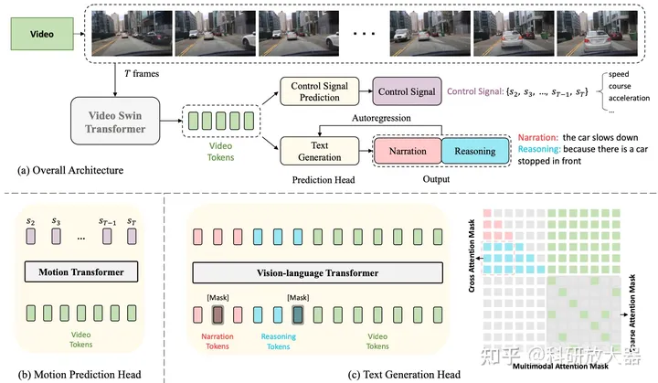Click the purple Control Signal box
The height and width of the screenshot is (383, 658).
[406, 90]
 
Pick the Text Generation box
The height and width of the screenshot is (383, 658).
[315, 149]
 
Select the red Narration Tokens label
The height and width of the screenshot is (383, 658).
[218, 339]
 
